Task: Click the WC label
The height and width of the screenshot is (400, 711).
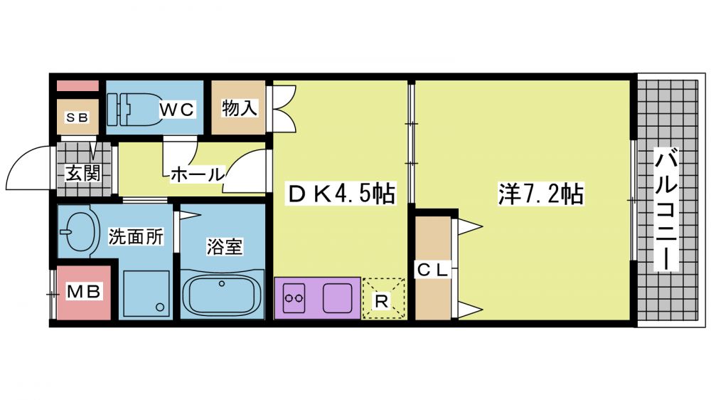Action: point(177,110)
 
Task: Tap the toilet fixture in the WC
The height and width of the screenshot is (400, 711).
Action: point(134,110)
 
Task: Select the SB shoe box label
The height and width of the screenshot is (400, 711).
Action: point(77,117)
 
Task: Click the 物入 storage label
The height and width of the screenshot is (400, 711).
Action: point(239,108)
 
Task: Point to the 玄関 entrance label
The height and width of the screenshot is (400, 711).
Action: point(82,173)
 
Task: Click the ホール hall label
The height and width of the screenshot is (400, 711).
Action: point(198,174)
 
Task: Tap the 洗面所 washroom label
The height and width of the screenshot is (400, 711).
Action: point(136,236)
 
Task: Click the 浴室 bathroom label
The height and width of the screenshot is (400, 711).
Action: point(225,246)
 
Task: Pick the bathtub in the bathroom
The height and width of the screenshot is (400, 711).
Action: point(222,294)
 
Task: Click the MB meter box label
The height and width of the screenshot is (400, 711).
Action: point(83,291)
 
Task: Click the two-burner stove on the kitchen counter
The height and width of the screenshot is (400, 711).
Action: point(294,298)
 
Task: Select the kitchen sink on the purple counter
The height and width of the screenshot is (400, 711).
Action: point(337,298)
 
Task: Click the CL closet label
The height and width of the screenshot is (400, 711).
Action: point(432,270)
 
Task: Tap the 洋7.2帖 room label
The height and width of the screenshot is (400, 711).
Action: point(540,194)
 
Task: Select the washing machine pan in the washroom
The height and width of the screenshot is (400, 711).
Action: point(146,294)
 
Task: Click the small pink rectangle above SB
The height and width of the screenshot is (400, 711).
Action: point(77,85)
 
